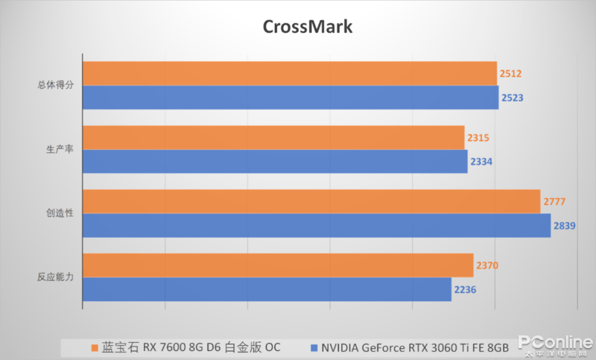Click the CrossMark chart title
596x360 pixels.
(307, 26)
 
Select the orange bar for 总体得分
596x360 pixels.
(289, 73)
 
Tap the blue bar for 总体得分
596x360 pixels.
(291, 98)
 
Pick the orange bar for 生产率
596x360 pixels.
(273, 137)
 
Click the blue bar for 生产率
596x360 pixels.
(275, 161)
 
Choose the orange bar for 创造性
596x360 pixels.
(311, 201)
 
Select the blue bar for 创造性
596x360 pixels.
(317, 225)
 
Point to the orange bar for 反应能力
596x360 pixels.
(278, 265)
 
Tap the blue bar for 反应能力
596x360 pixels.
(267, 289)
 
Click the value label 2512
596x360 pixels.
(510, 73)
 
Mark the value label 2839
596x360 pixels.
(564, 226)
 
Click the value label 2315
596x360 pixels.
(478, 137)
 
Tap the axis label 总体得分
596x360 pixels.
(56, 85)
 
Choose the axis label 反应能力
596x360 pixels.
(56, 277)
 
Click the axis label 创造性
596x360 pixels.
(59, 213)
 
